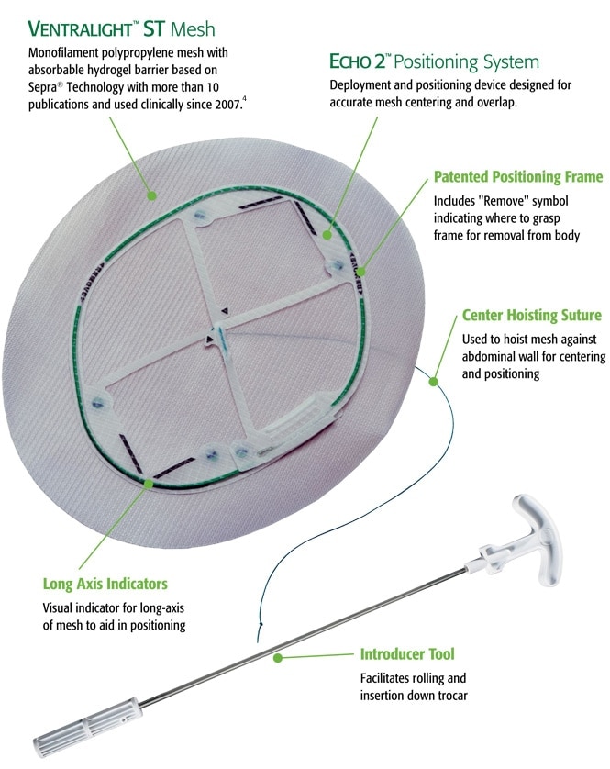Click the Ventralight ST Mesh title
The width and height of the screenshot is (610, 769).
pos(121,29)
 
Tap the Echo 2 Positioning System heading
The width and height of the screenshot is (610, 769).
pos(434,61)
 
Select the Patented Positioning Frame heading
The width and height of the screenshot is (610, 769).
pos(518,176)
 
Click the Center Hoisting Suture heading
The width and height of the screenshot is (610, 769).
pos(532,315)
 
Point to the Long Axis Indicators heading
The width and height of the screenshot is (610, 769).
pos(105,584)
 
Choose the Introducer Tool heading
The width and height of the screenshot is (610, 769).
pos(407,653)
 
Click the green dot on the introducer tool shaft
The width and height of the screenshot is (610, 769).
pos(278,658)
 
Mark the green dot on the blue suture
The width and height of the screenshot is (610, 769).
pos(434,381)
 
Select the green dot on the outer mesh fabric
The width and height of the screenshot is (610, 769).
pos(152,195)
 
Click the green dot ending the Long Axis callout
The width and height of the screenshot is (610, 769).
pos(148,484)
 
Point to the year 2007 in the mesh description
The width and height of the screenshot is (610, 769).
pos(228,105)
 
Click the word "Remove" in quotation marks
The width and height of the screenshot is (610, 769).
pos(505,201)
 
